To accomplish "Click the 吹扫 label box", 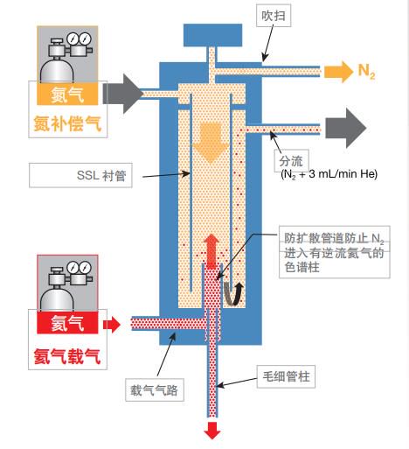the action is click(x=274, y=16).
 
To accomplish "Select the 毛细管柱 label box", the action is click(x=286, y=376).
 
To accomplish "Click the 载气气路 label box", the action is click(x=155, y=389).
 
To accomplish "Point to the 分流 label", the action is click(x=291, y=161).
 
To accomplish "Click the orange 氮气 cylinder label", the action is click(x=67, y=95).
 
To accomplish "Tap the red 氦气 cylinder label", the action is click(x=67, y=323).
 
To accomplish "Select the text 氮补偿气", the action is click(x=67, y=123).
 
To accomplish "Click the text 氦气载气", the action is click(x=67, y=356).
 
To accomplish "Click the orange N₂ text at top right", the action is click(x=366, y=71).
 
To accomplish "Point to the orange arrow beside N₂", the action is click(x=338, y=72).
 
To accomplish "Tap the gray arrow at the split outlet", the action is click(x=346, y=128).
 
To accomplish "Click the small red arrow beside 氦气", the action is click(x=112, y=324).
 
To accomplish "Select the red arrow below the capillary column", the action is click(x=212, y=431).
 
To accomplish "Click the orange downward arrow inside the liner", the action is click(x=211, y=143).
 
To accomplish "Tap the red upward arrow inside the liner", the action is click(x=211, y=251).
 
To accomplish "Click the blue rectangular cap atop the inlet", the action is click(x=212, y=35).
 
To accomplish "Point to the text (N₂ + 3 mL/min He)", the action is click(x=329, y=174).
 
